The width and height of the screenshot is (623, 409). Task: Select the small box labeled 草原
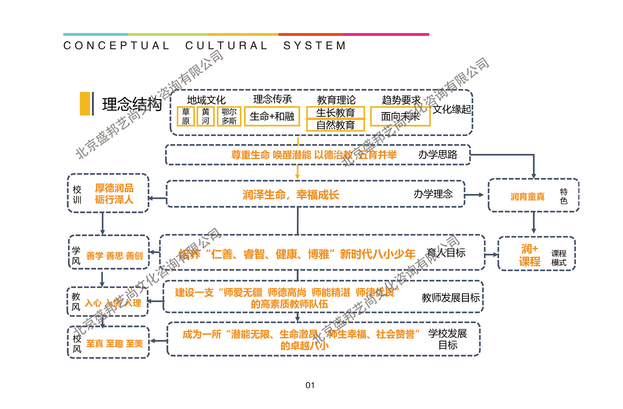tap(186, 116)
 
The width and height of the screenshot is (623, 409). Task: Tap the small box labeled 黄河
tap(205, 116)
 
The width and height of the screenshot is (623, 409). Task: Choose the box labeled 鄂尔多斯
tap(229, 116)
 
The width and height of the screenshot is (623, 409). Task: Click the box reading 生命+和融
tap(272, 116)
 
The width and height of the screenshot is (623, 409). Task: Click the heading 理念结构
tap(132, 104)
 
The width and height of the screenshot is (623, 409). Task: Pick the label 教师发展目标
tap(451, 298)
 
